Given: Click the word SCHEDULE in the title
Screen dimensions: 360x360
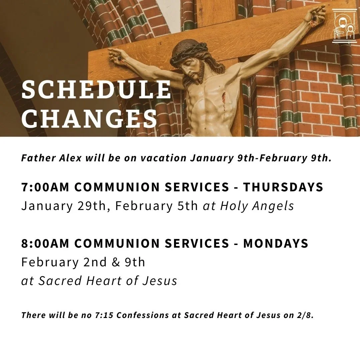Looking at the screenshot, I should coord(96,90).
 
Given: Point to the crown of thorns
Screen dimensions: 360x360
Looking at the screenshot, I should coord(189,55).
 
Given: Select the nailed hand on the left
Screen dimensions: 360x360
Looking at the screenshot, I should coord(117,55).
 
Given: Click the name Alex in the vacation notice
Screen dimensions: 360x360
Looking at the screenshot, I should coord(71,158).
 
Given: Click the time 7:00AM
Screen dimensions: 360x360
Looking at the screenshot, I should coord(45,187).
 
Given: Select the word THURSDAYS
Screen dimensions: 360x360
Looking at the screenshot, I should coord(283,187).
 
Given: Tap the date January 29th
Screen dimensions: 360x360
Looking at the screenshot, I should coord(66,206).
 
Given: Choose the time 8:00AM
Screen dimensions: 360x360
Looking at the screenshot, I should coord(45,243).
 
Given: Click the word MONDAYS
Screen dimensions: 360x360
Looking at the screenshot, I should coord(276,243).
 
